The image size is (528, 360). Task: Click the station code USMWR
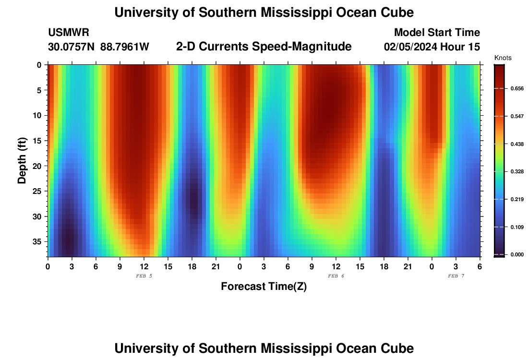click(68, 33)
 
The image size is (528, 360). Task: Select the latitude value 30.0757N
click(72, 47)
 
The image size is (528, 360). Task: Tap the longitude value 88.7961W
click(125, 47)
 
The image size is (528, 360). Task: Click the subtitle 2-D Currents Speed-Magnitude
click(264, 47)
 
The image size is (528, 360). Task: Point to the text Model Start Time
click(437, 33)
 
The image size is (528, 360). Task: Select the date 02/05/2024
click(410, 47)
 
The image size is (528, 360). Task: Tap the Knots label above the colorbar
click(503, 58)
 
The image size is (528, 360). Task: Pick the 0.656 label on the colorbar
click(516, 89)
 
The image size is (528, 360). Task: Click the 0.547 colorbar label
click(516, 116)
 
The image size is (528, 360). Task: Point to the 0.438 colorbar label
click(516, 144)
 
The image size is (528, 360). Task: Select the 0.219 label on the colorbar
click(516, 199)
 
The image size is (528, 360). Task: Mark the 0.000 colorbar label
click(516, 254)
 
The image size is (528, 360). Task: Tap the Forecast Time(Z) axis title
click(264, 287)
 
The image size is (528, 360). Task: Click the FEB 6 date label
click(336, 276)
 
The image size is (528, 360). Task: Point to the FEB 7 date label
click(456, 276)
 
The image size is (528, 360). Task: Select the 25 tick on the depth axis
click(38, 191)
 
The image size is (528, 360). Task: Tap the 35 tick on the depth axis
click(38, 241)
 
